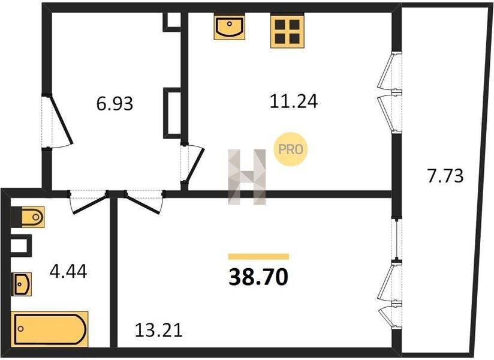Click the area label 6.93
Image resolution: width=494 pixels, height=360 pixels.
[115, 103]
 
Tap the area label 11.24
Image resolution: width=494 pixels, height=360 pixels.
[293, 101]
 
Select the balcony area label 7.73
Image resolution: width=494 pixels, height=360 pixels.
[445, 176]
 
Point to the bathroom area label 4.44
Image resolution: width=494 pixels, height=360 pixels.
[68, 271]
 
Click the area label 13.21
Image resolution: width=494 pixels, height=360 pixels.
[159, 331]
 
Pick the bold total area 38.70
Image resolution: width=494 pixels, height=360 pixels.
[258, 277]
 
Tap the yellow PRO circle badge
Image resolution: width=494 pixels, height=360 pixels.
[290, 149]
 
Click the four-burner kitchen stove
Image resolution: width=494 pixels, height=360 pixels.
[287, 31]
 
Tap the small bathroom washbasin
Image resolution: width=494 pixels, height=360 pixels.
[22, 284]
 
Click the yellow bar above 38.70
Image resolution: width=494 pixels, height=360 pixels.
[258, 257]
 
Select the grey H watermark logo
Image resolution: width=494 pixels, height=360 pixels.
[246, 177]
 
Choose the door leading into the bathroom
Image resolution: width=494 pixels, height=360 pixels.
[89, 202]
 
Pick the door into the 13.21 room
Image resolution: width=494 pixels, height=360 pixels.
[144, 202]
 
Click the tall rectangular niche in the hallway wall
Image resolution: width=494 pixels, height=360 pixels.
[172, 113]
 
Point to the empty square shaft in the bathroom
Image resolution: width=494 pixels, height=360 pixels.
[21, 245]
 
